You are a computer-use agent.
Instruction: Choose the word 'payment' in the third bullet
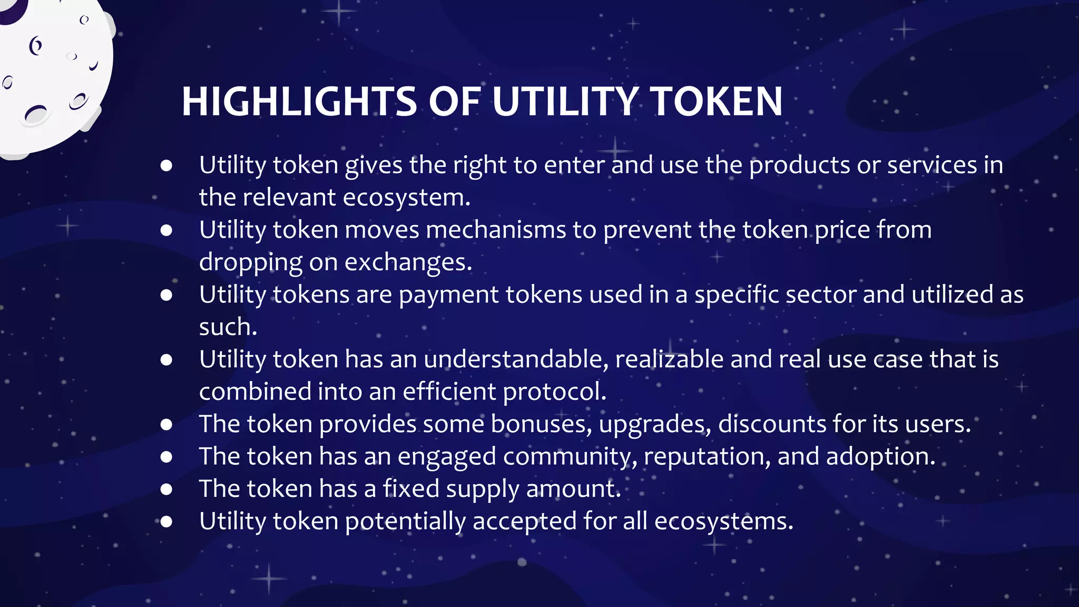click(449, 295)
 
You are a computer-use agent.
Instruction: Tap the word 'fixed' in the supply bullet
click(411, 489)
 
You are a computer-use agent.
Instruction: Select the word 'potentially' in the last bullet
click(405, 522)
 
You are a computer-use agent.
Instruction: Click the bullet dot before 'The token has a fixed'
click(166, 489)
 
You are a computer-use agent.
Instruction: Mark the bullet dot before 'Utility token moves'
click(166, 230)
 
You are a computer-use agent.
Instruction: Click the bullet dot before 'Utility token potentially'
click(166, 522)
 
